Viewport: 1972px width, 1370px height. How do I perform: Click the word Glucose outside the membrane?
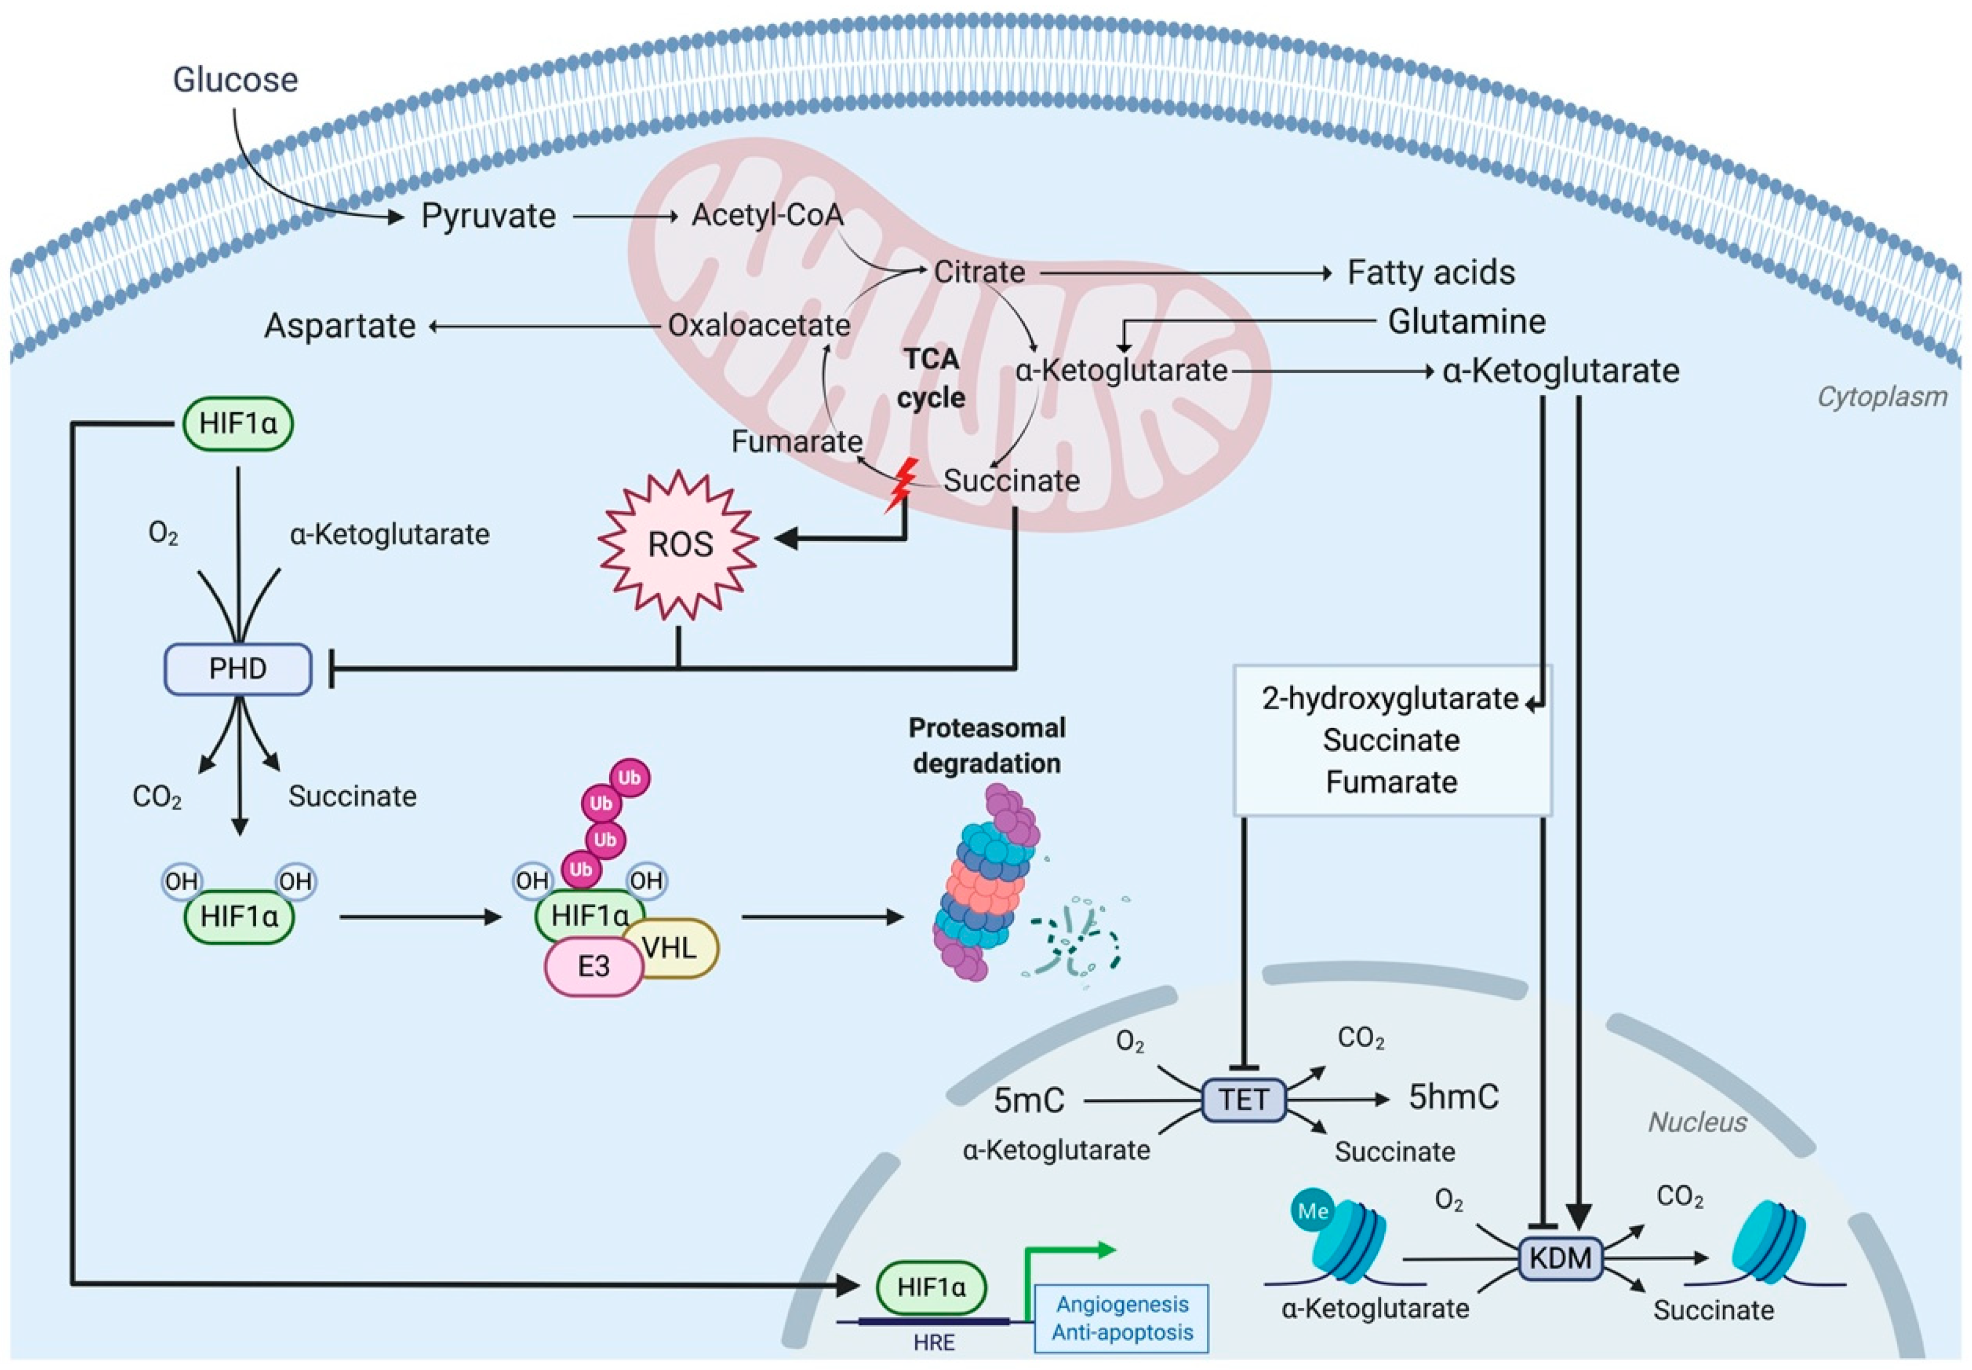pos(235,80)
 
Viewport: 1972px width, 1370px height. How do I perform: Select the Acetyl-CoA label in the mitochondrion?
pos(767,215)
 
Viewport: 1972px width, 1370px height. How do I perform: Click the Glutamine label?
pos(1466,322)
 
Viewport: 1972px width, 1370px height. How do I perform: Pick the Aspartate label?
pos(340,326)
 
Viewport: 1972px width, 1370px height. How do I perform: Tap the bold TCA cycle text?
pos(932,378)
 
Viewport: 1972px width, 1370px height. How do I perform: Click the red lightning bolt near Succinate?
pos(902,485)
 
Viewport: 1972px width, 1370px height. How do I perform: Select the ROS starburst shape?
pos(679,544)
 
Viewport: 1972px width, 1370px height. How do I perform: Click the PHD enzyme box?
pos(238,669)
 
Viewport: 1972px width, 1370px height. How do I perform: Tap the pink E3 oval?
pos(593,966)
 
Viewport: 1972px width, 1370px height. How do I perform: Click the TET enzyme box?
pos(1243,1099)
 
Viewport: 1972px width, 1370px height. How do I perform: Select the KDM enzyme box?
pos(1560,1258)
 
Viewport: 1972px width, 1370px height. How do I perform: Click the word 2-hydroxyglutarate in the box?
pos(1390,699)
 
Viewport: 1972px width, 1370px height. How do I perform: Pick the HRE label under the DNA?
pos(934,1342)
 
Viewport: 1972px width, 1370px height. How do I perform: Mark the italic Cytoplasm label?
pos(1882,397)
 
